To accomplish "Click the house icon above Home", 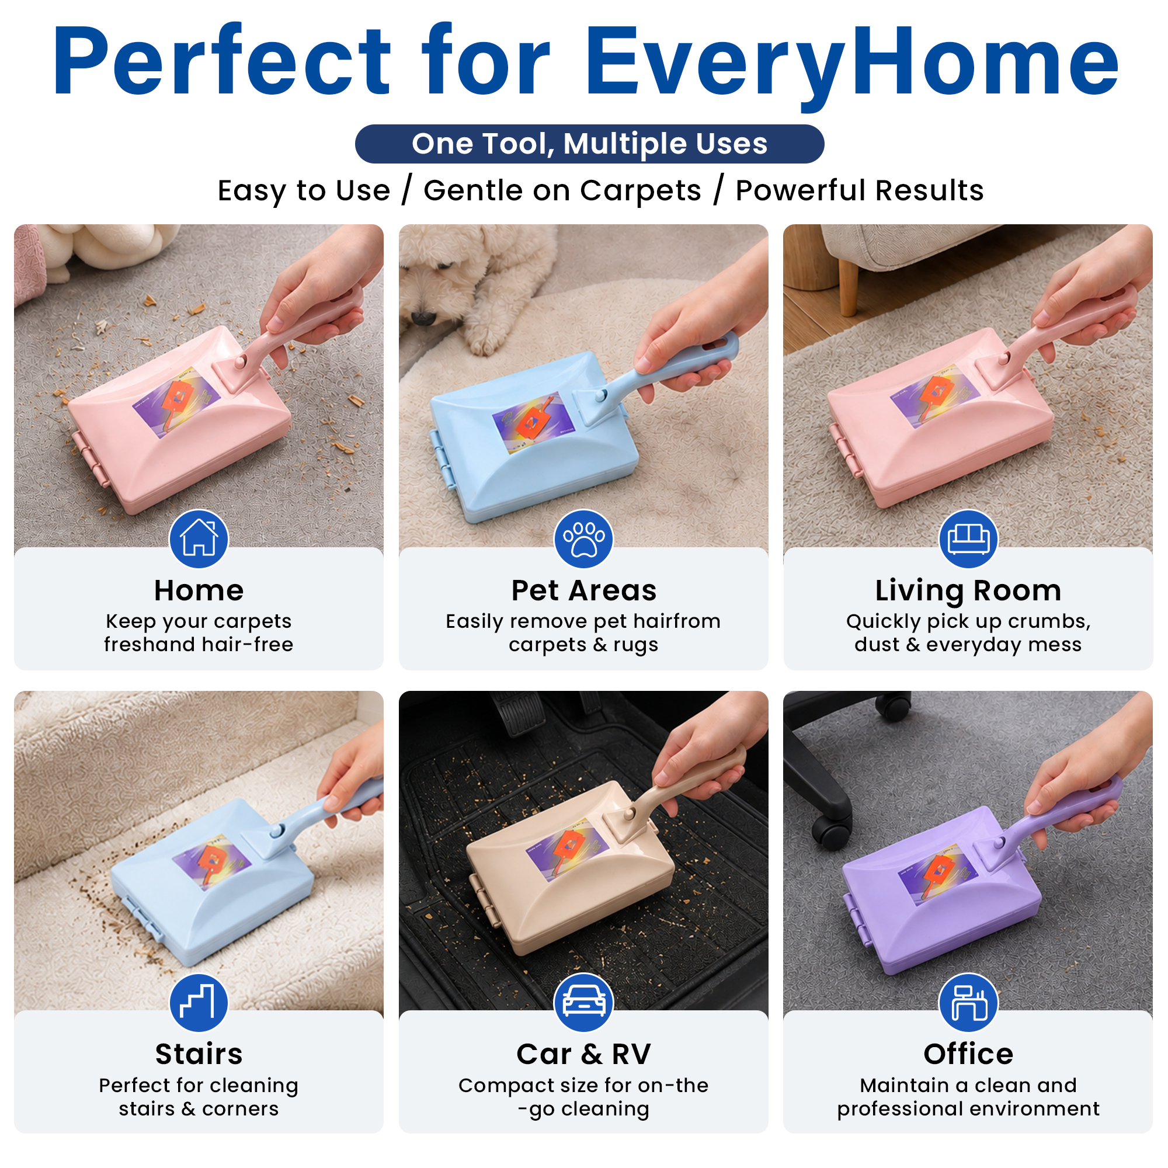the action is point(199,538).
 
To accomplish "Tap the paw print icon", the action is point(583,538).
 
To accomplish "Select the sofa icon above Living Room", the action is point(968,538).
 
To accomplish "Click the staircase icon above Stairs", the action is point(199,1002).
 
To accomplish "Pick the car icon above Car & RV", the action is point(583,1002).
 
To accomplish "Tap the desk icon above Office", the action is point(968,1002).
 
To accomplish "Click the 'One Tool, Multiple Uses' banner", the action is point(589,144).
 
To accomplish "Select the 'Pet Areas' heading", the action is point(584,590).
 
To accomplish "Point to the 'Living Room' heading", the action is point(968,591).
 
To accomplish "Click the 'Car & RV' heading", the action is point(583,1054).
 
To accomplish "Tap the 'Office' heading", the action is point(968,1054).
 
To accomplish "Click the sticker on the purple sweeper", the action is point(938,873).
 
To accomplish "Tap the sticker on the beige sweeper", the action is point(566,850).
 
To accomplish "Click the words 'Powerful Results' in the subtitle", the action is point(860,190).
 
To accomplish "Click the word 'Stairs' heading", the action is point(199,1054).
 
